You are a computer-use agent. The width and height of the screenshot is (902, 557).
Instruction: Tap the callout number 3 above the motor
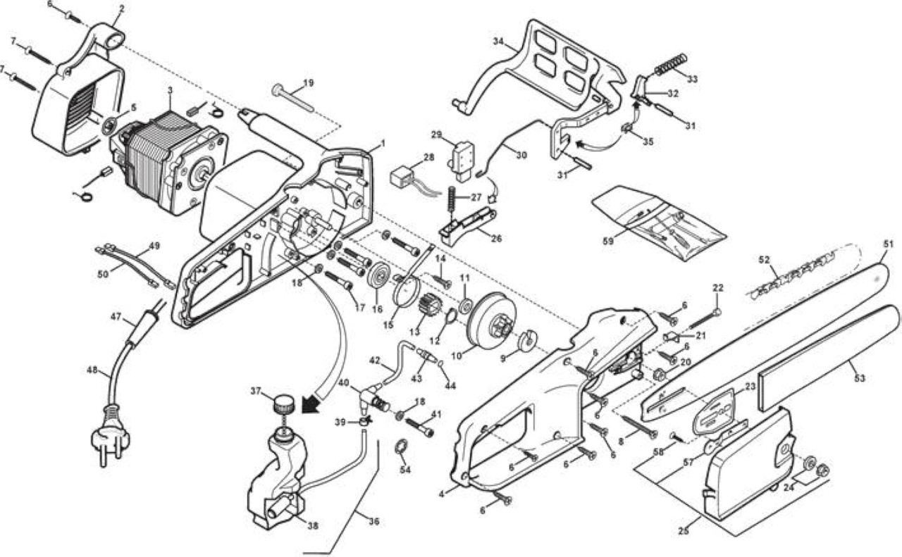pos(170,90)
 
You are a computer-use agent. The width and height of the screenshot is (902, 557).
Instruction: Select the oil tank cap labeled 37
pos(283,403)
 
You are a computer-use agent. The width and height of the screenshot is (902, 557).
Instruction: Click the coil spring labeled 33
pos(670,64)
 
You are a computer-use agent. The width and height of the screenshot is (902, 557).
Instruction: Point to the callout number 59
pos(607,241)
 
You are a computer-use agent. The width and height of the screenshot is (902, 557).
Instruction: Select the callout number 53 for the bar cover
pos(859,378)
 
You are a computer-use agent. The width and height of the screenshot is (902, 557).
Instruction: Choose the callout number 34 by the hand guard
pos(498,41)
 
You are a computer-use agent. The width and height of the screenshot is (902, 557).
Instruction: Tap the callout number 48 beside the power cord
pos(92,369)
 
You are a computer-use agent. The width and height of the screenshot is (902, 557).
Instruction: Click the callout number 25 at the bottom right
pos(684,531)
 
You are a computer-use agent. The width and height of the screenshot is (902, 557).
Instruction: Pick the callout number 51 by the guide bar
pos(888,244)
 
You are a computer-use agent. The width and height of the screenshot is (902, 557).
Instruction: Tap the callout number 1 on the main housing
pos(383,143)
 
